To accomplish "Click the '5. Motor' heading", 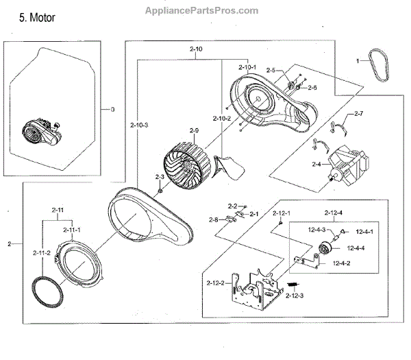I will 38,15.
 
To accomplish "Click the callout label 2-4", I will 316,165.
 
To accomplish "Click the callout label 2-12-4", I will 334,213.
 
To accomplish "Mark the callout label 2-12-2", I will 213,283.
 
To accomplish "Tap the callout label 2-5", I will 271,71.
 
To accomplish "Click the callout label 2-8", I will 214,219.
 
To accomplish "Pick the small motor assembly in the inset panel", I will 42,130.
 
